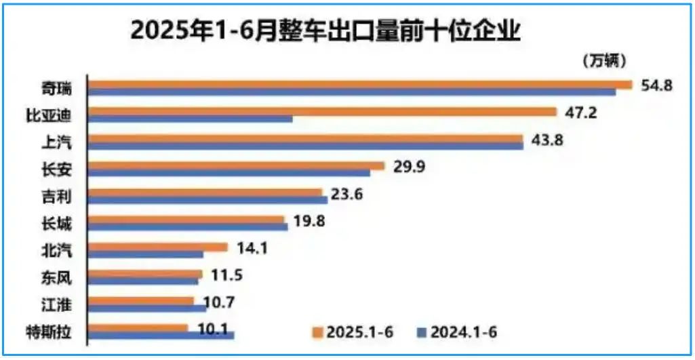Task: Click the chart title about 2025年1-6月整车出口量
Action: coord(326,31)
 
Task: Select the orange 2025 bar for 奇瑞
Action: coord(360,85)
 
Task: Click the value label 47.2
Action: coord(580,113)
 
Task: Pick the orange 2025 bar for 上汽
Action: coord(306,138)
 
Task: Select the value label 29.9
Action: coord(409,167)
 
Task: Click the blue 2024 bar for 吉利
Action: coord(208,200)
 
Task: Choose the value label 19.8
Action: coord(309,222)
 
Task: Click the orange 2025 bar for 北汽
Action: coord(159,247)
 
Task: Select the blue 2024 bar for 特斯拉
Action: coord(161,335)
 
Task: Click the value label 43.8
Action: coord(548,140)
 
